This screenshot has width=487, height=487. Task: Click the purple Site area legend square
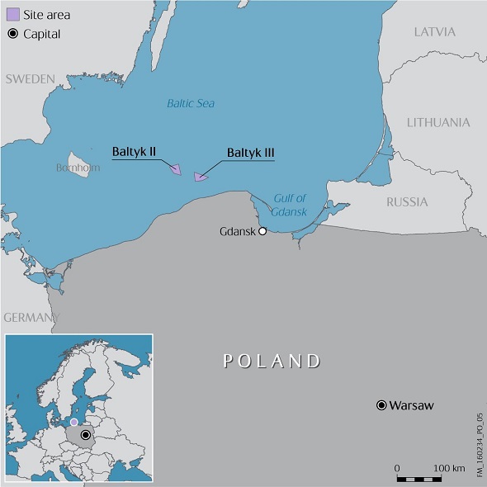point(12,15)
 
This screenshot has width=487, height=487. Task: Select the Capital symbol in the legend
point(12,34)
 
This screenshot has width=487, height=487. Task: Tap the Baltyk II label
point(135,153)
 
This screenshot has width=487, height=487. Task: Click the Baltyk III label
point(250,153)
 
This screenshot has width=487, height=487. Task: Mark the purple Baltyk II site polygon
point(176,169)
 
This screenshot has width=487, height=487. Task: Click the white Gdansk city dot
point(262,231)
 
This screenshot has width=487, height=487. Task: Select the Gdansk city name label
point(237,231)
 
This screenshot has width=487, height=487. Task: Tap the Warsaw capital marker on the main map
point(381,405)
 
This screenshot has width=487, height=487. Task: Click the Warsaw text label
point(411,405)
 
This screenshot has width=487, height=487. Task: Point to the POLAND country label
point(272,361)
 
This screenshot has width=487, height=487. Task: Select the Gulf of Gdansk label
point(289,204)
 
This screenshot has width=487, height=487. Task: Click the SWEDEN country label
point(30,79)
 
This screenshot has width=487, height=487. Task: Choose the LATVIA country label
point(434,32)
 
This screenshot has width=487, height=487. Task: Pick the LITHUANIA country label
point(438,122)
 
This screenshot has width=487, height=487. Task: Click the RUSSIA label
point(407,201)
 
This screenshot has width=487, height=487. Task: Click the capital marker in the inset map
point(85,434)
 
